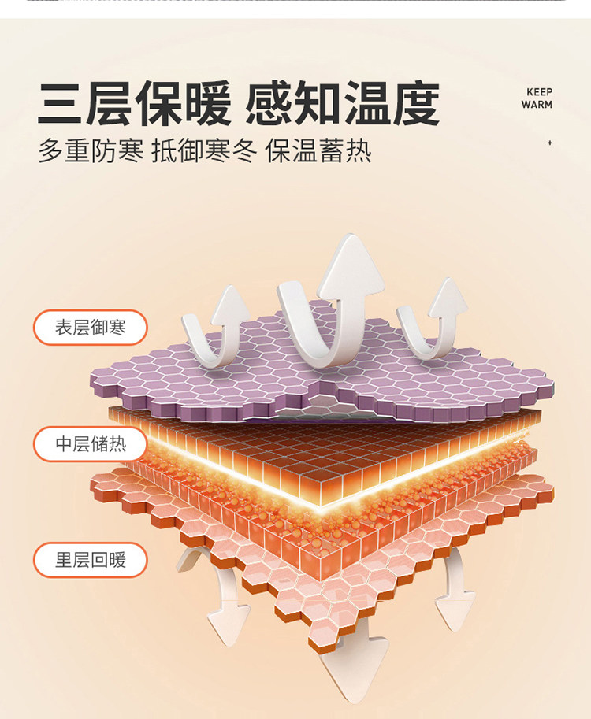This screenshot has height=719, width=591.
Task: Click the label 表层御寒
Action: click(90, 327)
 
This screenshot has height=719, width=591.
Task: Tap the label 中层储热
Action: click(90, 444)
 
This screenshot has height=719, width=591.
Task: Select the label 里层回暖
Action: click(90, 561)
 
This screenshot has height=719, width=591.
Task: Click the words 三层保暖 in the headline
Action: click(134, 103)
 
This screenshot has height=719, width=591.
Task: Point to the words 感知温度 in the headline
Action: click(342, 103)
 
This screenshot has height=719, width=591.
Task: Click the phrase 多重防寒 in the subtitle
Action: click(91, 150)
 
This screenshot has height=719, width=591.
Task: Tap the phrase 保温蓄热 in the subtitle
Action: click(318, 150)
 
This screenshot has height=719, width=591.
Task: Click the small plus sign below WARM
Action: click(549, 143)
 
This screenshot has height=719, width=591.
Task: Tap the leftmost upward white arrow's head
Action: click(229, 303)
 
